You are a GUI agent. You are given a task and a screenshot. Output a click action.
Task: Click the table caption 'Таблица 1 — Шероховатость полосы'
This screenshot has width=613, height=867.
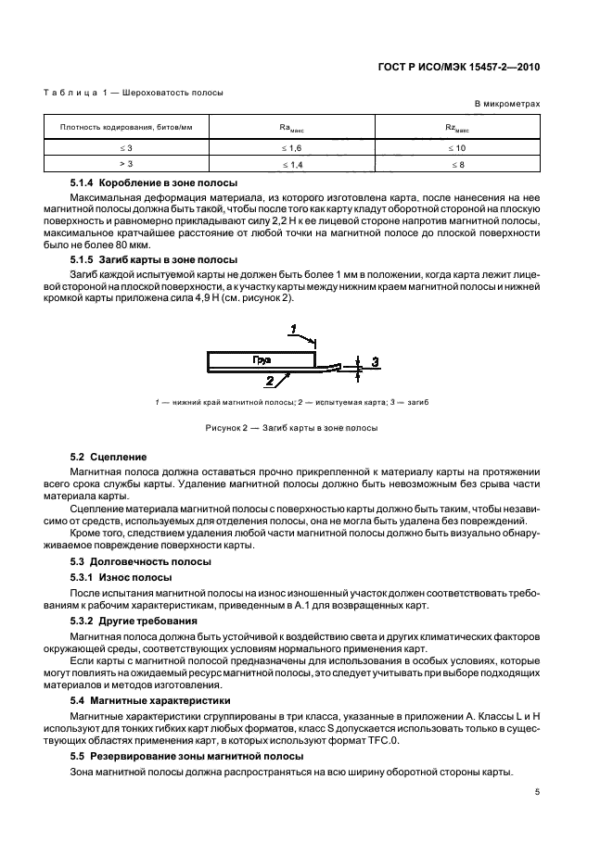coord(134,92)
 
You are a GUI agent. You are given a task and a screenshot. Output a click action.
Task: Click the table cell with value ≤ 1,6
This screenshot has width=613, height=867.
coord(291,147)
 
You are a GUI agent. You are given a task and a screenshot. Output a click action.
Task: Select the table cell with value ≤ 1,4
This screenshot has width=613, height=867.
coord(291,163)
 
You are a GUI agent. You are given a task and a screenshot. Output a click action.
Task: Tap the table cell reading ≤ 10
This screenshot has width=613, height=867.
coord(457,147)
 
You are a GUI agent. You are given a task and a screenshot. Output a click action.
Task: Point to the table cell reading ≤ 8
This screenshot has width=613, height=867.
coord(457,163)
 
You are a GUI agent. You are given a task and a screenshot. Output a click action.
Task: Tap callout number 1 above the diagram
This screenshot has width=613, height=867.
coord(293,329)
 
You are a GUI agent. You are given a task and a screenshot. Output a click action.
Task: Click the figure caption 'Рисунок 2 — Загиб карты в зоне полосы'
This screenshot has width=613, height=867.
coord(292,428)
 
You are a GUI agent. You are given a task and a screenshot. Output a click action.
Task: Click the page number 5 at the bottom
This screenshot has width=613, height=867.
coord(537,792)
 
